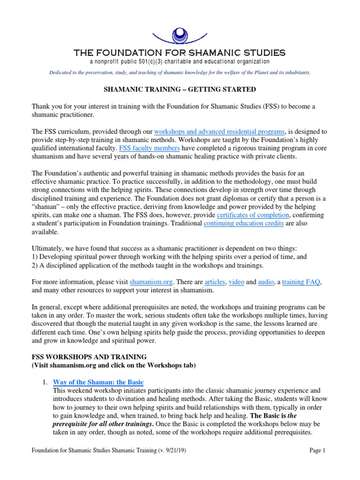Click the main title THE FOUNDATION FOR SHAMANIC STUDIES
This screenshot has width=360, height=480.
[x=180, y=52]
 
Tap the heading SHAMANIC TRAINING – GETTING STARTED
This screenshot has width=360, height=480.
[x=180, y=89]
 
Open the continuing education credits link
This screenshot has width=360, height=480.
[x=244, y=224]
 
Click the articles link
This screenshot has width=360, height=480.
[x=215, y=282]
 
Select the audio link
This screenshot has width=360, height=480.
[x=267, y=282]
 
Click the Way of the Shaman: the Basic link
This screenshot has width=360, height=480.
[x=98, y=382]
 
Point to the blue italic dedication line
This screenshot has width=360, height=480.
[x=180, y=73]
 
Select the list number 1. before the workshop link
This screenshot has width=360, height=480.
[x=45, y=382]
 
